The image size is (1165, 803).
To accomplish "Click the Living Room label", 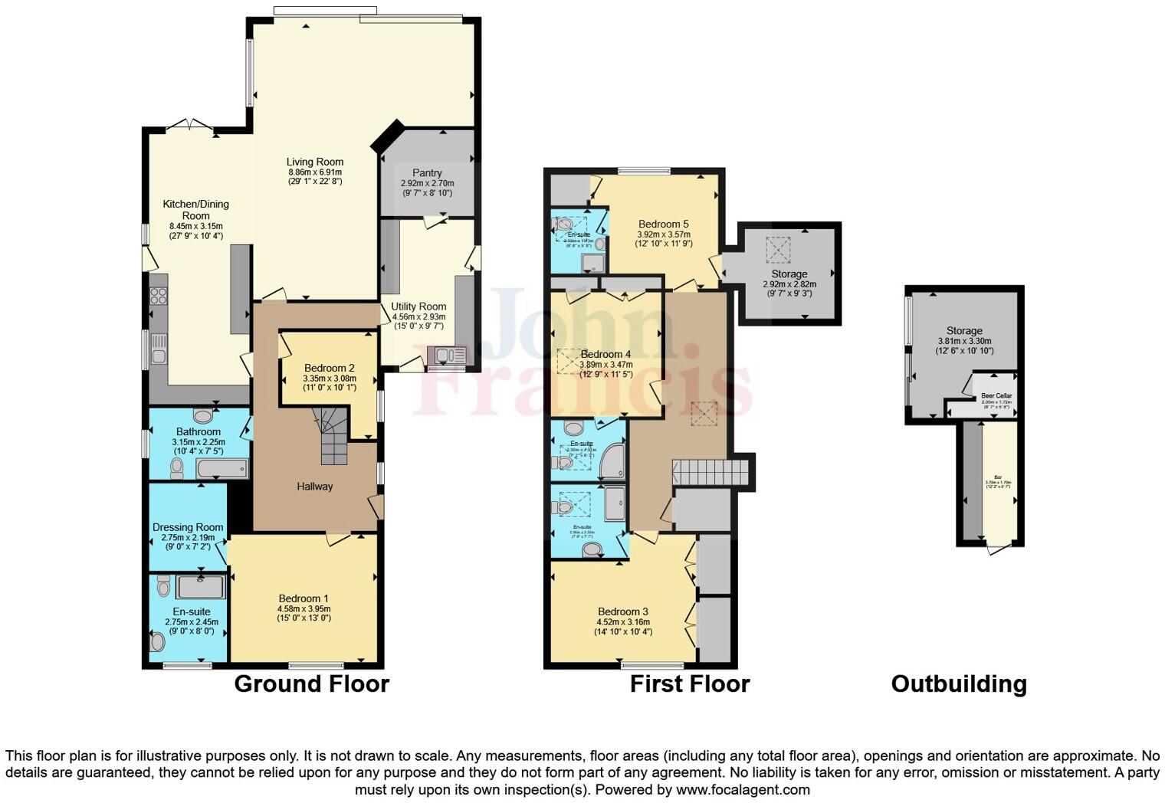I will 314,162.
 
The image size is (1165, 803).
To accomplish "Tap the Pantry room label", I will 427,173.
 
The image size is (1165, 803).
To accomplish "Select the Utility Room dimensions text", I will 418,321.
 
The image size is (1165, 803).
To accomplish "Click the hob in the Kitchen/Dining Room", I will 159,295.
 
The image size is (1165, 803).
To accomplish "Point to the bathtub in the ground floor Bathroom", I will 222,468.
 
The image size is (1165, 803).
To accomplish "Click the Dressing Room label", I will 188,527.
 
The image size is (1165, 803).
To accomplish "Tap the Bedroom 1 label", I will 304,598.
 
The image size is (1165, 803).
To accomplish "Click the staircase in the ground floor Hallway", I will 332,437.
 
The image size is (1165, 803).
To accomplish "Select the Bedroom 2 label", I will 329,368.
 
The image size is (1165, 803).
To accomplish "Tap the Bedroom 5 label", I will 663,225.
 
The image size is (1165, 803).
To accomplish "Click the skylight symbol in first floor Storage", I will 778,248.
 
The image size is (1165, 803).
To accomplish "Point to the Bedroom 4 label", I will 605,354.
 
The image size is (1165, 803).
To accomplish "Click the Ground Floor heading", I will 311,683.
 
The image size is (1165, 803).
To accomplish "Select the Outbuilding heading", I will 958,683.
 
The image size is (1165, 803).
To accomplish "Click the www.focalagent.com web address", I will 743,789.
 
